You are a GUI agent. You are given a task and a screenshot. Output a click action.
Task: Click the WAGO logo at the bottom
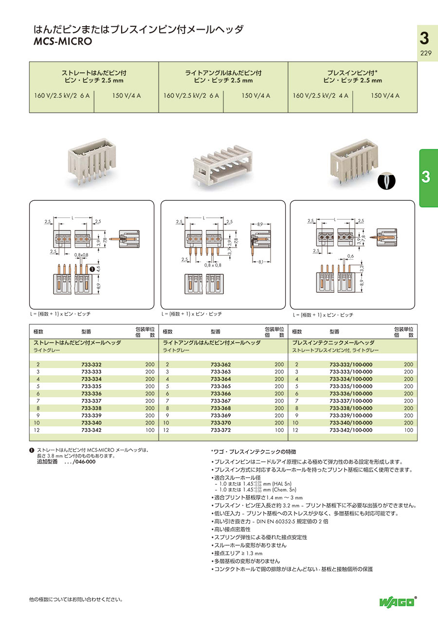398,602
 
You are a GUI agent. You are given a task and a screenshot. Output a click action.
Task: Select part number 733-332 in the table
91,364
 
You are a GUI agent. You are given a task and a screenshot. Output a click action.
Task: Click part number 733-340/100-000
350,423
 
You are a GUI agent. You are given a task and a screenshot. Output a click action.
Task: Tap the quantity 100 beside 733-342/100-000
408,430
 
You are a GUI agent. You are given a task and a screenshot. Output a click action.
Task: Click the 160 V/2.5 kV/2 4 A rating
320,96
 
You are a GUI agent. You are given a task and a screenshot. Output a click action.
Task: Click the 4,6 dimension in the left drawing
98,268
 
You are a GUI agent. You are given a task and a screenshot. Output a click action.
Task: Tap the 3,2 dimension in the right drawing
362,267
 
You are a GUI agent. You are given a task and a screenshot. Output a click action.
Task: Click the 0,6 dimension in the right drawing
350,256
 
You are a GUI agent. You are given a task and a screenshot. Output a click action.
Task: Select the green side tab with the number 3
428,177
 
